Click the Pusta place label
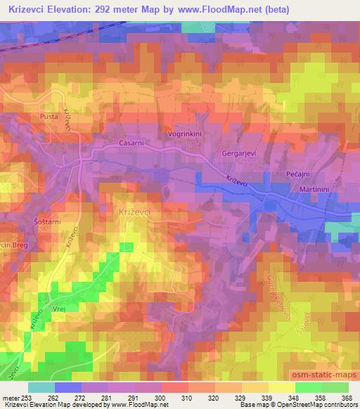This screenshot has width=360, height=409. point(50,117)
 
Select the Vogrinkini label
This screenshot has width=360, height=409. point(186,133)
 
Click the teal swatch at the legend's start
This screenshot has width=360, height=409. point(41,387)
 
